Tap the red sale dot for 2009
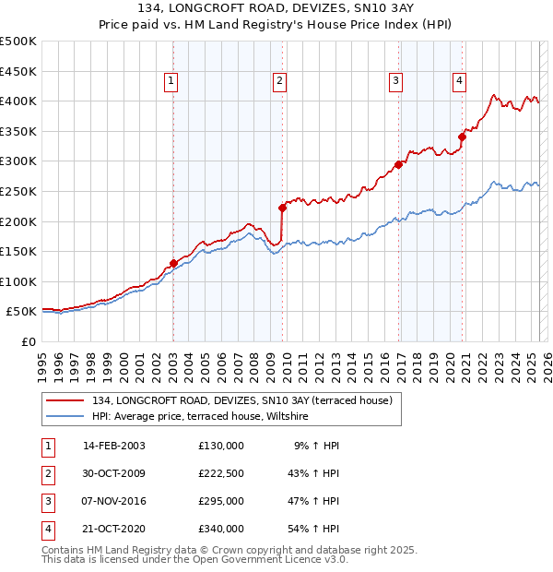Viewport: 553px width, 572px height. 282,208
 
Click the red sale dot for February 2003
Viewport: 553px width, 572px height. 173,263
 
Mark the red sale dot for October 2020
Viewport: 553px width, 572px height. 462,137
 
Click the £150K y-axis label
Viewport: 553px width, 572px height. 19,251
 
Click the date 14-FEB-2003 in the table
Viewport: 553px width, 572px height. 113,446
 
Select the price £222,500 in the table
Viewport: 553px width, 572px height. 220,473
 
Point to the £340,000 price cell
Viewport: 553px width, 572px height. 220,529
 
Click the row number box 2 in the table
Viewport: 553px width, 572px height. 46,473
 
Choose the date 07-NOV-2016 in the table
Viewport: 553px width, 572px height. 114,501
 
